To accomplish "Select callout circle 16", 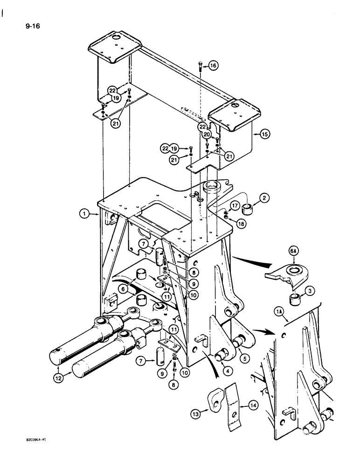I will point(213,66).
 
